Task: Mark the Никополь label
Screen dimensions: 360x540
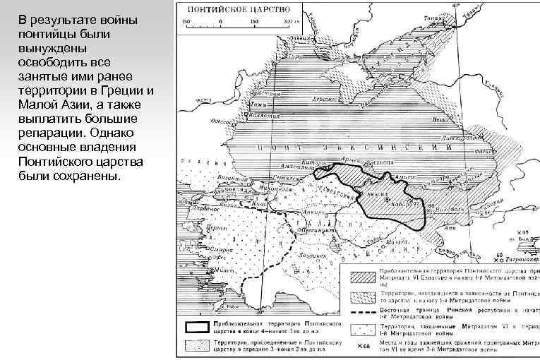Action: click(x=443, y=209)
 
